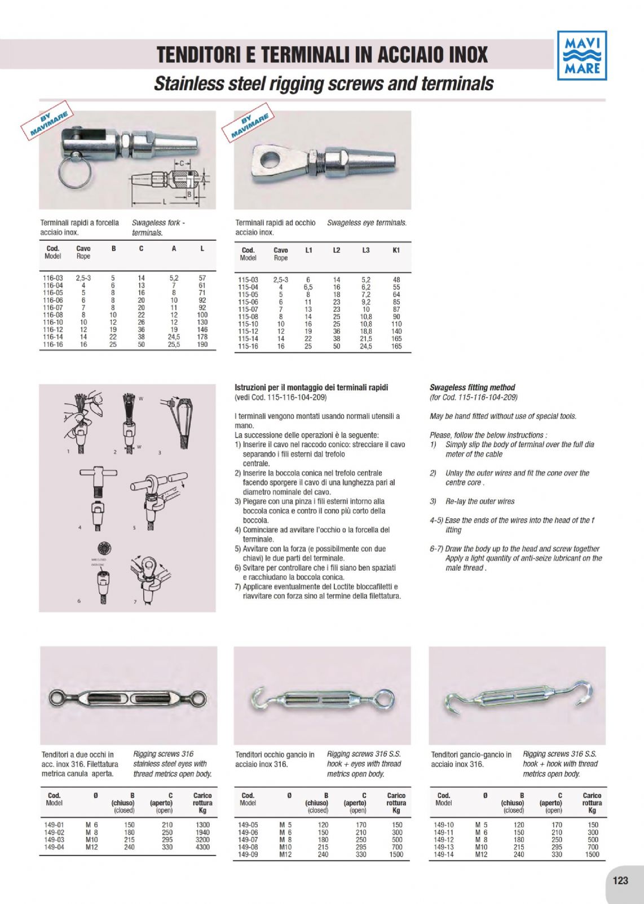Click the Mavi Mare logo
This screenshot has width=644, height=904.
tap(582, 55)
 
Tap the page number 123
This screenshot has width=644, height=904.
tap(620, 880)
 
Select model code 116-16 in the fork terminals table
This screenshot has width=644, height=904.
tap(53, 345)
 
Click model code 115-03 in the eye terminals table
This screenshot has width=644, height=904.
tap(248, 280)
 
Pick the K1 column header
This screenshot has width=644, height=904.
tap(396, 250)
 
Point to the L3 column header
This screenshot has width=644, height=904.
tap(366, 250)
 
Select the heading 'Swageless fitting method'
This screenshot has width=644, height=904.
tap(472, 387)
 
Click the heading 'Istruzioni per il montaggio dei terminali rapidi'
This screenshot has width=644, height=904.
tap(311, 387)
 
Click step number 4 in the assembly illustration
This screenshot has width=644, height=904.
tap(80, 527)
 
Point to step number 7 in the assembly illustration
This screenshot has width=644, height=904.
tap(135, 602)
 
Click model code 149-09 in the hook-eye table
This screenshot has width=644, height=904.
tap(248, 854)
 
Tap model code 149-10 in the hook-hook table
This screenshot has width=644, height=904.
tap(443, 824)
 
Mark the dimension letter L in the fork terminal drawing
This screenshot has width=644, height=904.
tap(165, 201)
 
